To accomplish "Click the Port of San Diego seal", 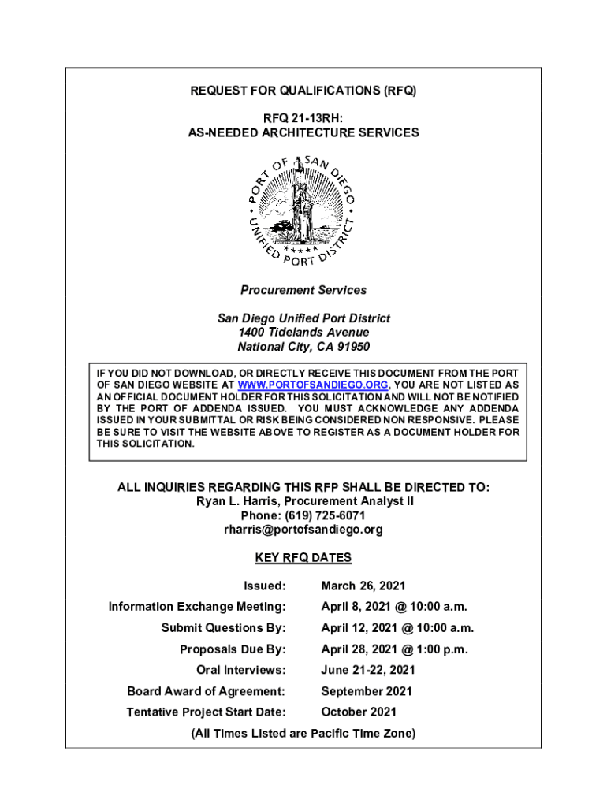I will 303,209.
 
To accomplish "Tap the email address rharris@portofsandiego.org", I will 303,530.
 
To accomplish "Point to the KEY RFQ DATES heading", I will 303,558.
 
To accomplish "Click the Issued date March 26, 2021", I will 363,586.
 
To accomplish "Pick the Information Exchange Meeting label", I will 196,607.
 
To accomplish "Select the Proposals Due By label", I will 233,649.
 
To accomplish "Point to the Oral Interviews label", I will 240,671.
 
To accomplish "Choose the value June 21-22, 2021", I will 367,671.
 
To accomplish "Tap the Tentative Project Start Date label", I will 206,712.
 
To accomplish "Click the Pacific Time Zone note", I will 303,734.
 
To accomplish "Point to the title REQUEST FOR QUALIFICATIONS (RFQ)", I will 303,91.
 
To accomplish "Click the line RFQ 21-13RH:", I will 303,118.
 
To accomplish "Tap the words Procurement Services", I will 303,290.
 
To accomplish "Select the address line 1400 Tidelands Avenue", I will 303,333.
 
